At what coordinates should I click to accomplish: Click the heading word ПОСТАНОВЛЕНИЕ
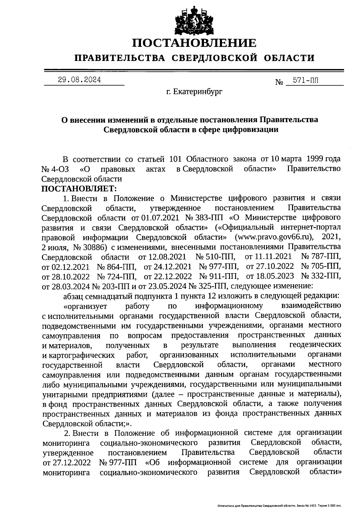click(x=195, y=43)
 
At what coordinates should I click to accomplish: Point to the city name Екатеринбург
click(x=198, y=92)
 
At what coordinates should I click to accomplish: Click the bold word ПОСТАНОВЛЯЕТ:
click(x=79, y=189)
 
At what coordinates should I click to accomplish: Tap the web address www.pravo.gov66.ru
click(x=274, y=237)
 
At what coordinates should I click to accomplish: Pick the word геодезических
click(x=315, y=345)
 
